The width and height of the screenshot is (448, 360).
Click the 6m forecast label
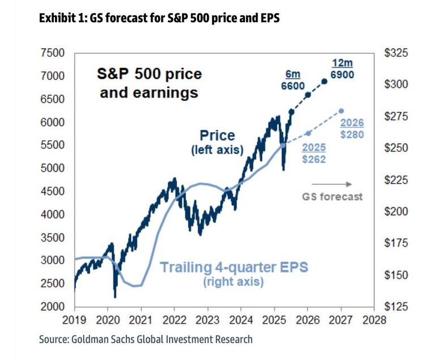tap(292, 74)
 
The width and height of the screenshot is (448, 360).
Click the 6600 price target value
tap(293, 86)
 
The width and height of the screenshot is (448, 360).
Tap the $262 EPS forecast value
tap(314, 159)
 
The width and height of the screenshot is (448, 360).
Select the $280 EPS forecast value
tap(352, 134)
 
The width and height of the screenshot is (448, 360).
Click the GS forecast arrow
tap(332, 184)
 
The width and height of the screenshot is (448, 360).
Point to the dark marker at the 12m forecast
tap(324, 81)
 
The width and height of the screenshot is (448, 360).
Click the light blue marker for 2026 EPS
tap(308, 133)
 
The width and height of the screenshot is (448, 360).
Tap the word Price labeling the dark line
tap(217, 136)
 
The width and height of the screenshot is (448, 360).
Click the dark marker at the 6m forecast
tap(308, 95)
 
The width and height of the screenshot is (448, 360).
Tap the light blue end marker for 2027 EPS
tap(341, 111)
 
